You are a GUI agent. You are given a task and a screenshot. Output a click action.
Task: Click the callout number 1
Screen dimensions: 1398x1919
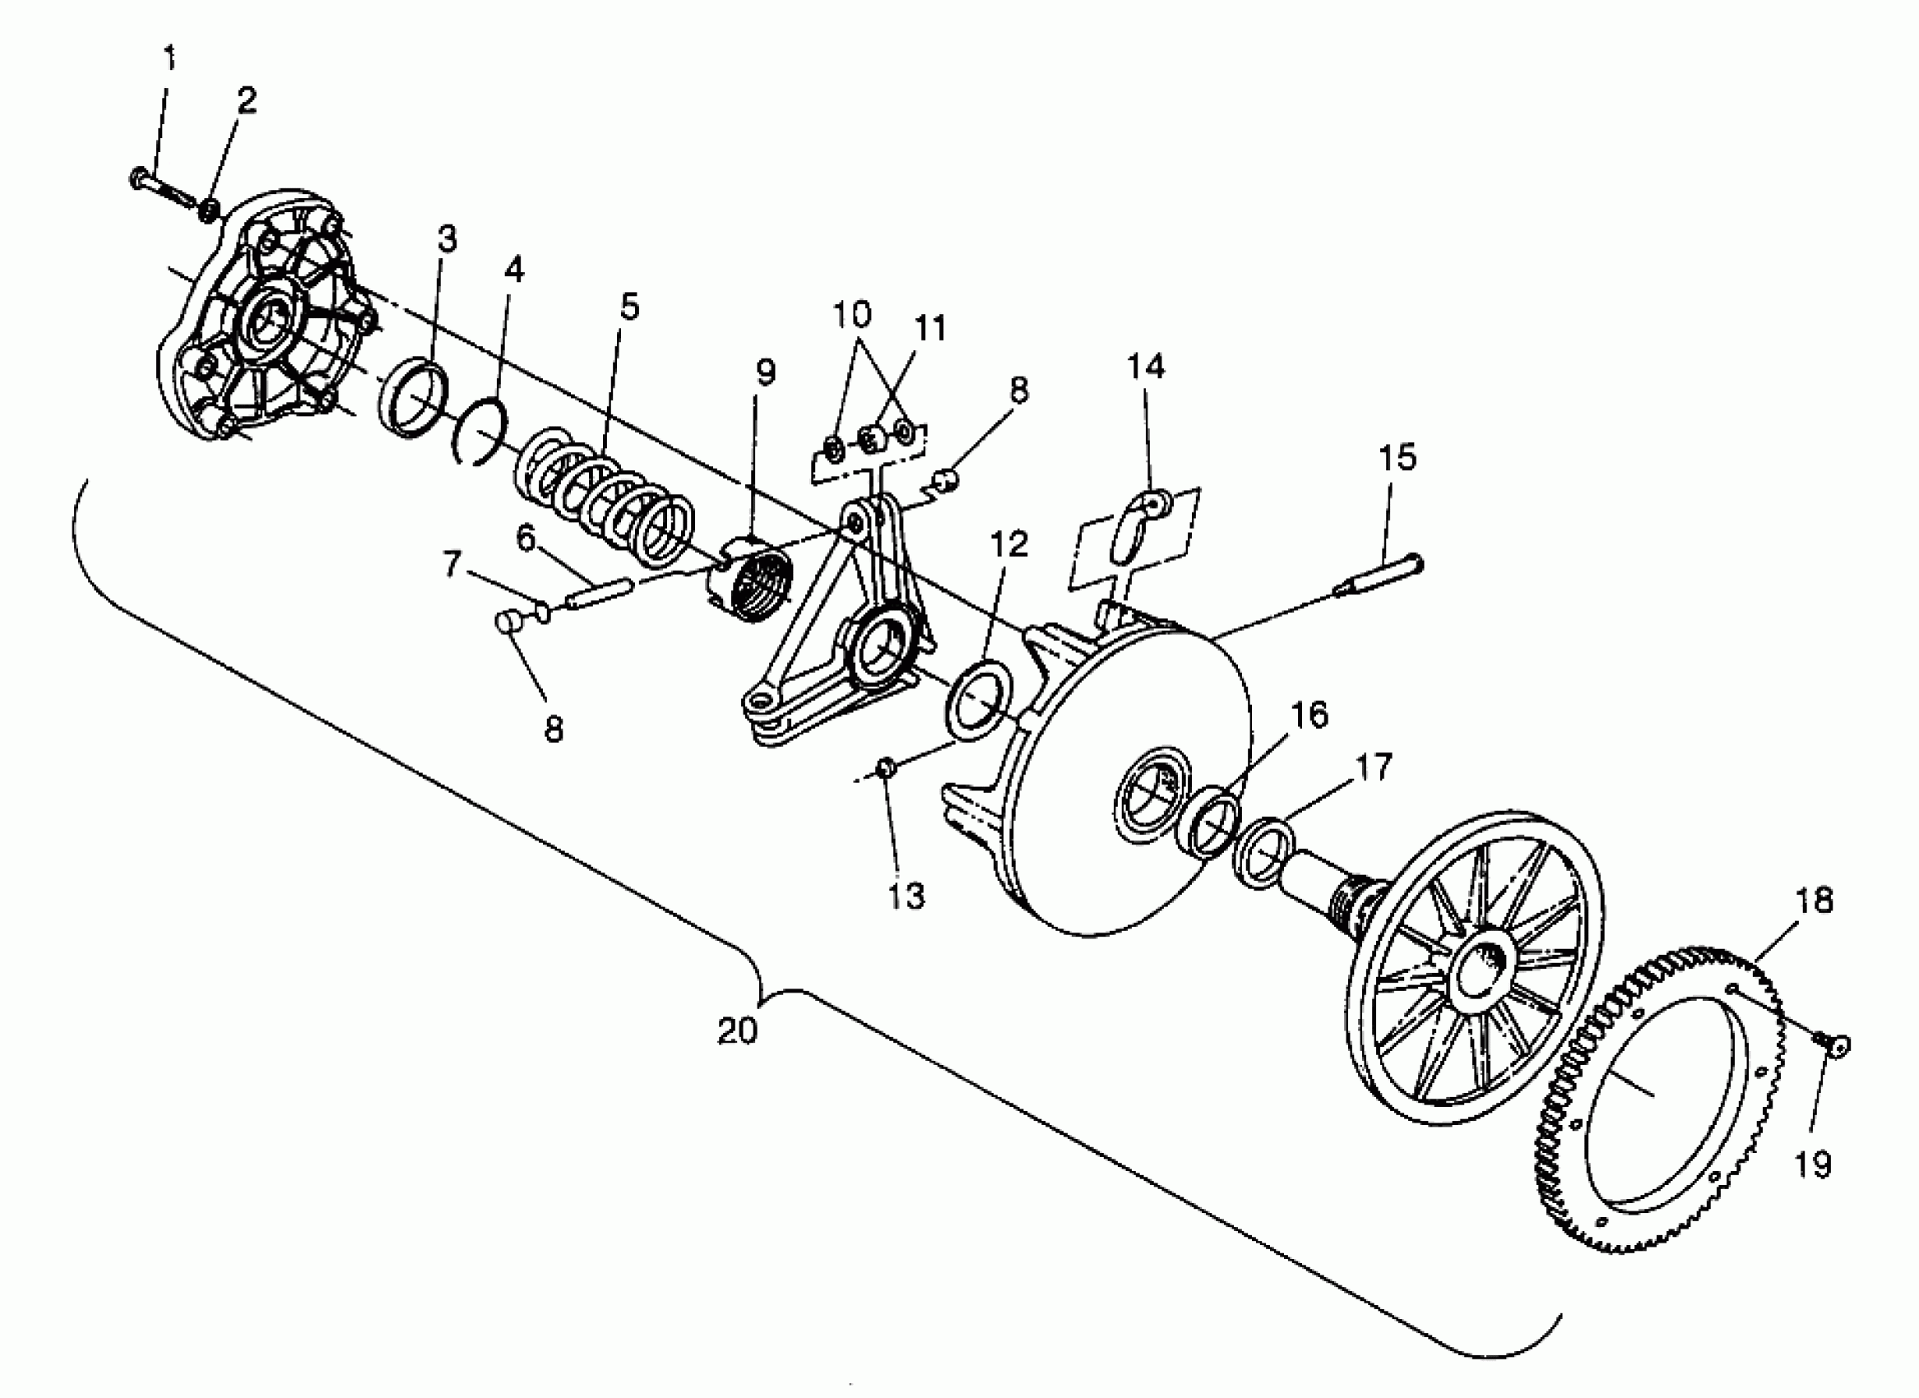pyautogui.click(x=169, y=58)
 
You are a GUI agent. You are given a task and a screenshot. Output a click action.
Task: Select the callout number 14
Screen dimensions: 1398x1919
pyautogui.click(x=1145, y=366)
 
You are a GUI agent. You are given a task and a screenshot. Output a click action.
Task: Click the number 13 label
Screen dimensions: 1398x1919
pyautogui.click(x=906, y=897)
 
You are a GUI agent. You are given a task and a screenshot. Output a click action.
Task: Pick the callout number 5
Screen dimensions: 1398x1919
pyautogui.click(x=629, y=307)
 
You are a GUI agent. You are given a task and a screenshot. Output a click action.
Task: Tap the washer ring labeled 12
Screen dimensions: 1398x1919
pyautogui.click(x=980, y=701)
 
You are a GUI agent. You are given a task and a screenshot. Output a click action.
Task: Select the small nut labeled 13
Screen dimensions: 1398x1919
pyautogui.click(x=886, y=766)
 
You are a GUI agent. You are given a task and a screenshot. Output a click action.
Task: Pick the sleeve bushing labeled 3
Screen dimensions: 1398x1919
pyautogui.click(x=411, y=397)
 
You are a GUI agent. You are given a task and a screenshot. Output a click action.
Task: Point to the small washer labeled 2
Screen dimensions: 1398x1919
pyautogui.click(x=209, y=210)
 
